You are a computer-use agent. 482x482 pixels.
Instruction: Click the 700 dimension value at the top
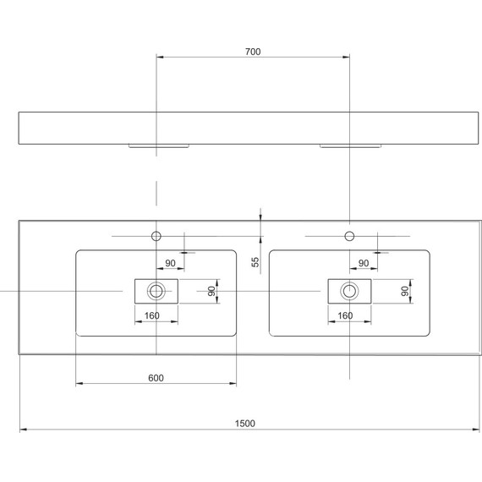(x=253, y=52)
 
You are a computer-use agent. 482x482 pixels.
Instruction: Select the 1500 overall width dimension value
(x=245, y=423)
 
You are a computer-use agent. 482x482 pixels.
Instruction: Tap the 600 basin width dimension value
(x=156, y=377)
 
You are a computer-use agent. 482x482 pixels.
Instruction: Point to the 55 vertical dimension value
(x=255, y=263)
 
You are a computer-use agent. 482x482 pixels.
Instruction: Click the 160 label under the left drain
(x=152, y=316)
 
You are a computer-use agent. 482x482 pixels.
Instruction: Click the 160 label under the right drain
(x=345, y=316)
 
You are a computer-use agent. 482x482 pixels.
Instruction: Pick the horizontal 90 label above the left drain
(x=170, y=264)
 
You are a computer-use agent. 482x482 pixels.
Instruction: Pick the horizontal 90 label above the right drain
(x=363, y=264)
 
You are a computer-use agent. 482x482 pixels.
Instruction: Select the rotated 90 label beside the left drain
(x=212, y=291)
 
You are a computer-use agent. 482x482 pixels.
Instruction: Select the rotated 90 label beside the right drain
(x=405, y=291)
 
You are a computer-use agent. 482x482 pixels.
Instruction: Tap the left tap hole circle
(x=156, y=235)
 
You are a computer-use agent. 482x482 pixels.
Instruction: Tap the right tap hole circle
(x=349, y=235)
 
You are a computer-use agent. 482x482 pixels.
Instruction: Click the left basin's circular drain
(x=156, y=291)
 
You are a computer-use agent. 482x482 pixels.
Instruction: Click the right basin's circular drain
(x=349, y=291)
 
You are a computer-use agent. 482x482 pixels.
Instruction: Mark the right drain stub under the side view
(x=349, y=145)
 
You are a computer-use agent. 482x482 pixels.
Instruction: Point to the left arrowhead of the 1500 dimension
(x=23, y=430)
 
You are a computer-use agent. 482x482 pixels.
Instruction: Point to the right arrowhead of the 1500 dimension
(x=463, y=430)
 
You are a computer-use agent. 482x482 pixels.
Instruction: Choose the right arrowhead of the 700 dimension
(x=346, y=58)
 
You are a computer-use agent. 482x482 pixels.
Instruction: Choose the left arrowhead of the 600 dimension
(x=79, y=384)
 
